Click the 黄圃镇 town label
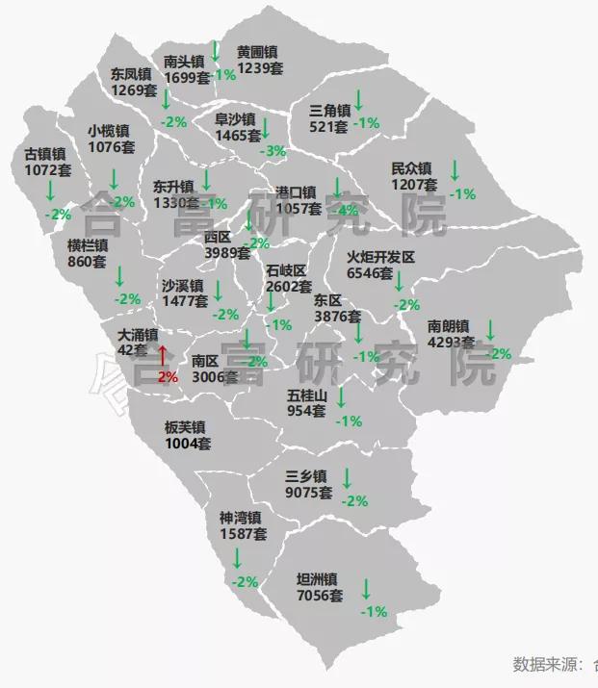click(x=257, y=52)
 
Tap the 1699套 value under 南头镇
click(x=187, y=77)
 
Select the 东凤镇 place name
click(x=131, y=73)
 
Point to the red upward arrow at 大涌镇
click(x=164, y=355)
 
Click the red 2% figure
click(x=168, y=376)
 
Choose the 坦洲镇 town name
click(x=317, y=579)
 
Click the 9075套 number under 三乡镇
click(x=309, y=492)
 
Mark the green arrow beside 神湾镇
click(x=237, y=558)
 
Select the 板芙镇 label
click(x=185, y=427)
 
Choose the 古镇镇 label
click(x=45, y=153)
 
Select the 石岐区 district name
click(x=287, y=270)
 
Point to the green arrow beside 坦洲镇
click(x=366, y=588)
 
